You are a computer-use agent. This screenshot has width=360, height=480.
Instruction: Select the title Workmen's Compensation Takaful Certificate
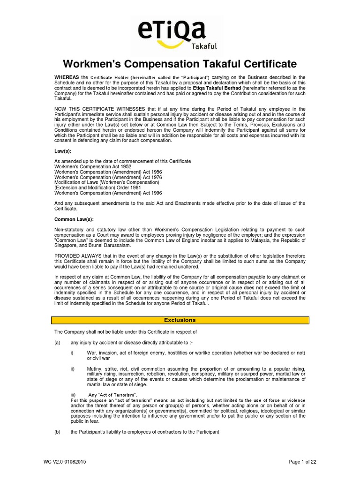[x=180, y=64]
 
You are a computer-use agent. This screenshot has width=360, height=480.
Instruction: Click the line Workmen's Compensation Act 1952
[x=93, y=166]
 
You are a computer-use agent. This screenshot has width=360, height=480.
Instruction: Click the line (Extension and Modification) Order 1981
[x=100, y=187]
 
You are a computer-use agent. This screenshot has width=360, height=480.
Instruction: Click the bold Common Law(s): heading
[x=74, y=219]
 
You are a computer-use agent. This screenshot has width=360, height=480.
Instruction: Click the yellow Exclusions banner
[x=180, y=320]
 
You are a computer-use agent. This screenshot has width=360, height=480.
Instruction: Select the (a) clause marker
[x=58, y=342]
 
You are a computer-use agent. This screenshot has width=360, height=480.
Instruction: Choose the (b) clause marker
[x=58, y=432]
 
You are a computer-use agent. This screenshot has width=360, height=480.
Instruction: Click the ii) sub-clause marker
[x=72, y=368]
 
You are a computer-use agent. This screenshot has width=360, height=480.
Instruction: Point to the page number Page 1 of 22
[x=302, y=462]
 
